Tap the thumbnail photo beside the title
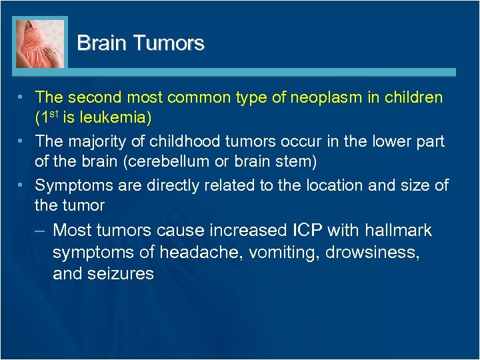[x=40, y=43]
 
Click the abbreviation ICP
[x=307, y=231]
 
